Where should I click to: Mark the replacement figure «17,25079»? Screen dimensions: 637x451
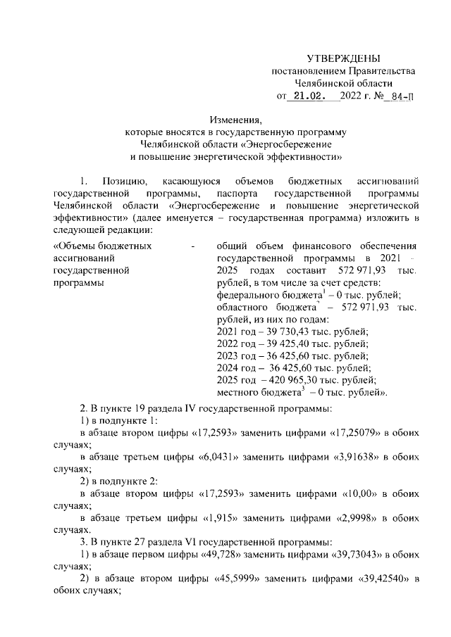357,433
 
